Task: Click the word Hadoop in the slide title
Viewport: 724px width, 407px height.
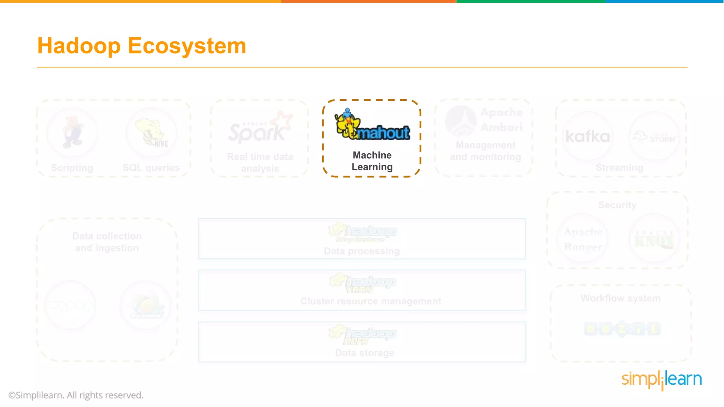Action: (79, 46)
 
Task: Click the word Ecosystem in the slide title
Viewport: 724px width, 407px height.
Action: (187, 46)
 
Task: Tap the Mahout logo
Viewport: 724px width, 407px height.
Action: (372, 126)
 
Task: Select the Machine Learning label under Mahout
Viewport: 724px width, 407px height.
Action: (372, 161)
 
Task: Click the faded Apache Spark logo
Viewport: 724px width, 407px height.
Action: (260, 129)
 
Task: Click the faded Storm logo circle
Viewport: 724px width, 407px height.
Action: (654, 137)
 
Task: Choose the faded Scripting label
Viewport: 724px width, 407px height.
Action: (72, 168)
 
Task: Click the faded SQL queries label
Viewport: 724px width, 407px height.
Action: (151, 168)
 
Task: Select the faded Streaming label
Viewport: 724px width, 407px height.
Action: (619, 168)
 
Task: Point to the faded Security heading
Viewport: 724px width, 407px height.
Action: (617, 205)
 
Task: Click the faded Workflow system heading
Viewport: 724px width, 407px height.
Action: (620, 299)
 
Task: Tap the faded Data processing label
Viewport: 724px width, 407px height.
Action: (362, 251)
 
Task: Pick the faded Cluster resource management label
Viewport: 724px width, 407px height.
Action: (371, 301)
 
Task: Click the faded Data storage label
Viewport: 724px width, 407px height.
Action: (364, 353)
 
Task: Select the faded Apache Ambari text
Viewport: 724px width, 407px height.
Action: (501, 120)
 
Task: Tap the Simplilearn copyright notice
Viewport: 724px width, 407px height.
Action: (76, 395)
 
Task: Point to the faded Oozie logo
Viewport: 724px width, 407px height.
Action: (622, 329)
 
